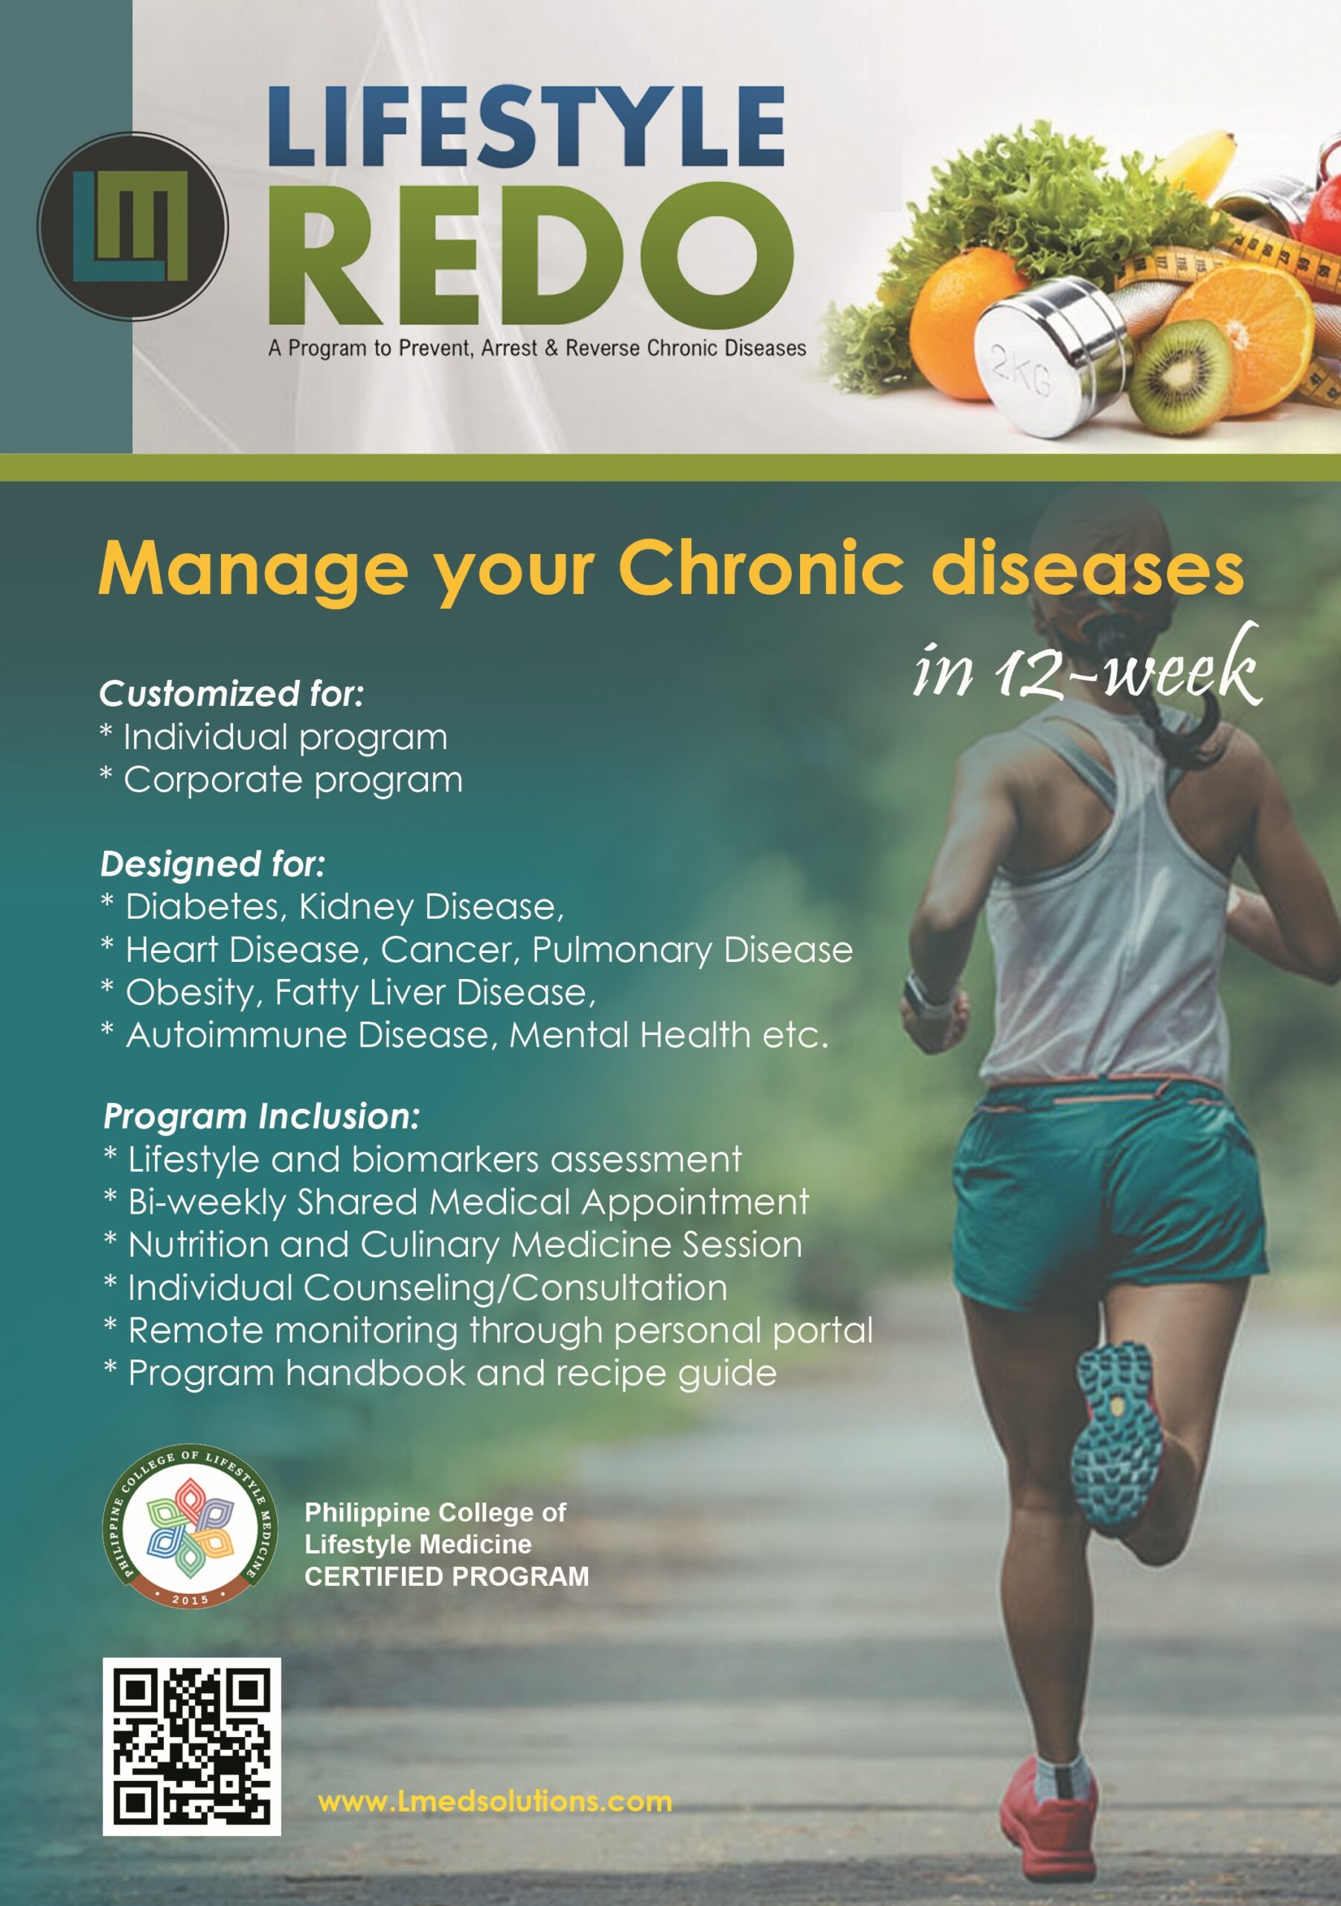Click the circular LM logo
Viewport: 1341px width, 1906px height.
(x=132, y=226)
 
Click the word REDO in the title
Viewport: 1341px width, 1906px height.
(x=531, y=254)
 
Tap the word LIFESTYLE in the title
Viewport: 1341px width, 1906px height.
(x=526, y=126)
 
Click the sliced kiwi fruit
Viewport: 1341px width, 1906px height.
(x=1182, y=377)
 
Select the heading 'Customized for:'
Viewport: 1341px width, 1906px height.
(x=231, y=694)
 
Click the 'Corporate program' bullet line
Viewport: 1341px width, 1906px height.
(x=281, y=780)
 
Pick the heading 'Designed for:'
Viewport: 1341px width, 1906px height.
(x=212, y=864)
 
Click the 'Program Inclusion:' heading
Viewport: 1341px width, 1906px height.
(x=261, y=1117)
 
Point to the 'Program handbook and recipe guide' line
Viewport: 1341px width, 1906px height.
(x=441, y=1374)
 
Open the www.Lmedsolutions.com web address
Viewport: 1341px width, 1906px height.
(x=495, y=1803)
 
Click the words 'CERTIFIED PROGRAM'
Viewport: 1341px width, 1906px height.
(x=447, y=1576)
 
